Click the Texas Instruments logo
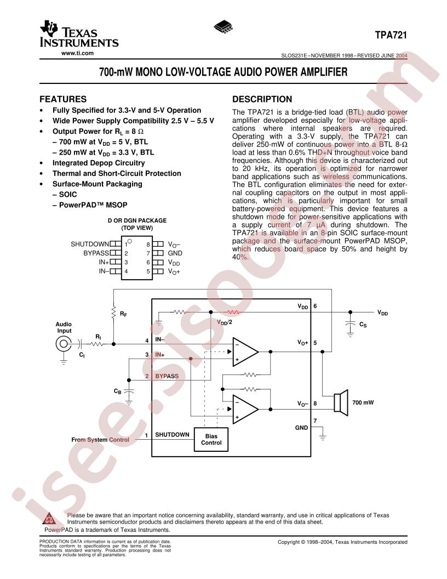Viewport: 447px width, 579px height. [x=79, y=34]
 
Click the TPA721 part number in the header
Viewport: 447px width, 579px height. [x=391, y=35]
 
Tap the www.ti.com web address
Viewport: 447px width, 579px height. [x=77, y=53]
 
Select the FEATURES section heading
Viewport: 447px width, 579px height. [x=63, y=99]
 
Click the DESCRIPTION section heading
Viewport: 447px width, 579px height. [x=262, y=99]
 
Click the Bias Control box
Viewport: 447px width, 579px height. [x=211, y=439]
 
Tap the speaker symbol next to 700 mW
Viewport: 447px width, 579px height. [x=341, y=402]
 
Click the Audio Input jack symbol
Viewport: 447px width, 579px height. [x=64, y=344]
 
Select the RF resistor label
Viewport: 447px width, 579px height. [x=123, y=314]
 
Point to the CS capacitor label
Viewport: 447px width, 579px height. [x=363, y=325]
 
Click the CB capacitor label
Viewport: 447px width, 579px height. [x=118, y=391]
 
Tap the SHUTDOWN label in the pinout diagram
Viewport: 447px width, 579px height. [x=90, y=244]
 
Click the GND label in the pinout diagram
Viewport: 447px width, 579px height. [x=175, y=253]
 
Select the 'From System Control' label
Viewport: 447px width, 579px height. [x=100, y=440]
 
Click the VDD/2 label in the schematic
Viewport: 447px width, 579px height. [x=225, y=322]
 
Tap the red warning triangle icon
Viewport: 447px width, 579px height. [x=48, y=519]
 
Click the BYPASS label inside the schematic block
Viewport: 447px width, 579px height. [x=167, y=376]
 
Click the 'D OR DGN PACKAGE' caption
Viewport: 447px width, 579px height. [x=137, y=220]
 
